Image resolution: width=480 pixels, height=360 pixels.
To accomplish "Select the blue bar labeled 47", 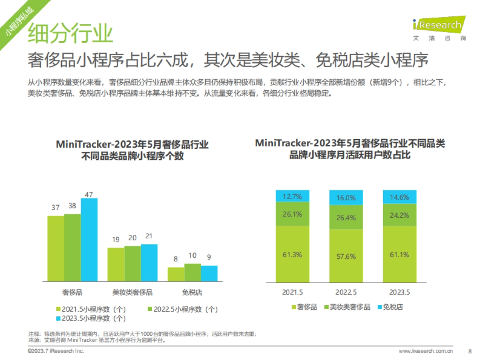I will (x=89, y=240).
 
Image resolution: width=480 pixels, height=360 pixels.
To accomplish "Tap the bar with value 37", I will (x=56, y=248).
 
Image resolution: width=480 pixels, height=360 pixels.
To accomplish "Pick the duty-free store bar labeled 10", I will (x=192, y=272).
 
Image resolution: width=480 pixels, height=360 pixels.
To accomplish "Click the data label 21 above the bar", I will (x=149, y=236).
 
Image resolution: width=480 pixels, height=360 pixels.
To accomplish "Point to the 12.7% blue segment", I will (x=292, y=196).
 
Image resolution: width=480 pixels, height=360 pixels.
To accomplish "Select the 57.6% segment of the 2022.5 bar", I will (x=346, y=256).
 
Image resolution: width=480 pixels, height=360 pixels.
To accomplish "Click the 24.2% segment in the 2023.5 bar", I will (x=400, y=215).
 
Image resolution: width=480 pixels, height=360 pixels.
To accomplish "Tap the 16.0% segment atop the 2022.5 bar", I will (x=346, y=198).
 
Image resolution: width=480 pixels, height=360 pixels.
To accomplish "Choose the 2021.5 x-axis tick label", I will (x=292, y=292).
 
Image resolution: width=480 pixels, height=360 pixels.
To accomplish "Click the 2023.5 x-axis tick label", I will (x=400, y=292).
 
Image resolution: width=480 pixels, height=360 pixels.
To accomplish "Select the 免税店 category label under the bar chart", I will (x=192, y=292).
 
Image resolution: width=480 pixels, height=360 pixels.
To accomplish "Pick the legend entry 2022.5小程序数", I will (x=183, y=309).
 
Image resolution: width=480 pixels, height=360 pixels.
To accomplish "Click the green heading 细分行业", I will (x=70, y=33).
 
